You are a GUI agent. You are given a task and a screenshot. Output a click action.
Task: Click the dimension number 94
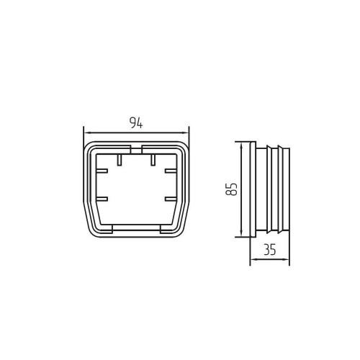tap(136, 122)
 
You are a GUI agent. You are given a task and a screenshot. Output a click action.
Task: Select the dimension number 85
tap(232, 189)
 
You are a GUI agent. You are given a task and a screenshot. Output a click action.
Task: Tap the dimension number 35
tap(270, 250)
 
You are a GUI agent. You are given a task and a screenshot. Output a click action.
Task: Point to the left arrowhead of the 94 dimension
tap(86, 132)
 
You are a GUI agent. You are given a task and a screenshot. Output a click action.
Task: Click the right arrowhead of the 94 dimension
tap(186, 132)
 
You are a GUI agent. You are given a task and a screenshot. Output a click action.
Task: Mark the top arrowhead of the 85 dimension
tap(241, 145)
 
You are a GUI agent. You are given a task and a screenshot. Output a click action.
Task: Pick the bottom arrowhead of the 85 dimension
tap(241, 233)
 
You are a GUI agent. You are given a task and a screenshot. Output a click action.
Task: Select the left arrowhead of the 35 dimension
tap(253, 259)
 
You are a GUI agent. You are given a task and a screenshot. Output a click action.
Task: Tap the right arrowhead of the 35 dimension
tap(287, 259)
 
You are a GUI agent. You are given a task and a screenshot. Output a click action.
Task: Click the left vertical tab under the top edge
tap(120, 160)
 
